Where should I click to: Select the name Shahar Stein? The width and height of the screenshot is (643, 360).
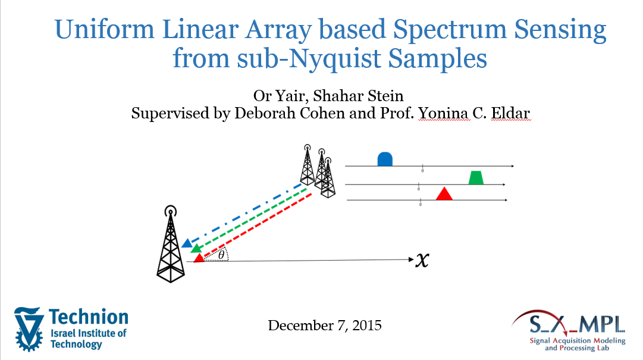[359, 96]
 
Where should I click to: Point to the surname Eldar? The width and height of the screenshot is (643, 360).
[510, 113]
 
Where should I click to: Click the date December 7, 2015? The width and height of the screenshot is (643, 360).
[325, 325]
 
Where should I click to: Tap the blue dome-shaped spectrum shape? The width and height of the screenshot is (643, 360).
[385, 159]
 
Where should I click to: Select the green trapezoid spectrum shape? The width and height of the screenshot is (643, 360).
[476, 177]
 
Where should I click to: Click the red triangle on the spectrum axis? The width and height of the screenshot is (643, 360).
[444, 193]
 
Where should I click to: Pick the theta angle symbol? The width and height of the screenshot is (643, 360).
[221, 255]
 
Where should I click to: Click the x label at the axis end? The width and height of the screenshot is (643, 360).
[422, 259]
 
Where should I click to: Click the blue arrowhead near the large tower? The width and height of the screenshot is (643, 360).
[187, 243]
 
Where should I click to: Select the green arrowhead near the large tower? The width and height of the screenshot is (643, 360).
[196, 248]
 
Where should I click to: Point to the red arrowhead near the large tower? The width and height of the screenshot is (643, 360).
[199, 258]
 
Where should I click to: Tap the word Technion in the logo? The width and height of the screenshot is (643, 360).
[89, 317]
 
